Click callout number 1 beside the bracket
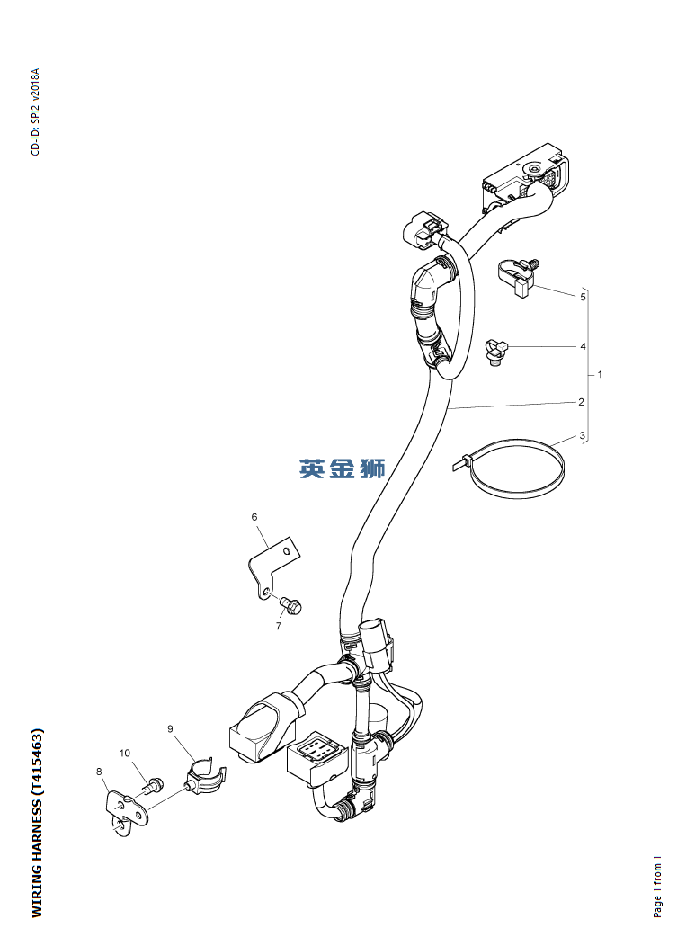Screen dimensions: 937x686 (x=600, y=373)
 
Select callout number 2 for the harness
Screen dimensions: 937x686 (x=581, y=401)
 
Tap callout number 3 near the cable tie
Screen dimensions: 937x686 (x=582, y=436)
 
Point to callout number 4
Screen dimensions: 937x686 (x=583, y=346)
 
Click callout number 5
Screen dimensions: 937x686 (x=583, y=296)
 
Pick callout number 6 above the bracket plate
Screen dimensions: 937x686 (x=254, y=517)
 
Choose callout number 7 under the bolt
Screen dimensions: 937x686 (x=278, y=626)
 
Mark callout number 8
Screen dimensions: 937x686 (x=99, y=771)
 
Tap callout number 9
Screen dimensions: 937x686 (x=170, y=728)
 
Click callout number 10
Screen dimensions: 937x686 (x=125, y=752)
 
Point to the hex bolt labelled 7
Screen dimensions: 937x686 (x=292, y=604)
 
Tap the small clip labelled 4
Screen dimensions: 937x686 (x=495, y=351)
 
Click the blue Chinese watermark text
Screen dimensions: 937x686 (x=342, y=468)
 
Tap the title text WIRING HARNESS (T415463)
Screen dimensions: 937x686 (x=37, y=823)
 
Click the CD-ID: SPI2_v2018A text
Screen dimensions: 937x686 (x=36, y=112)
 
